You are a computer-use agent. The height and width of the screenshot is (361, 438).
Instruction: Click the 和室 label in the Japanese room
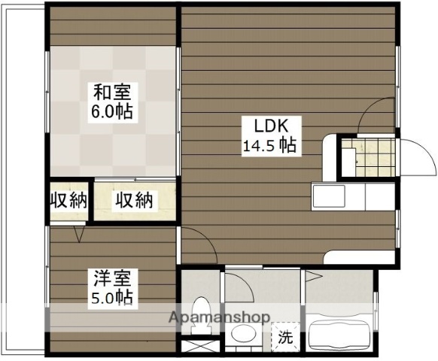112,93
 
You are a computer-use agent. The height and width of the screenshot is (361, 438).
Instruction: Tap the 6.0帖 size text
113,112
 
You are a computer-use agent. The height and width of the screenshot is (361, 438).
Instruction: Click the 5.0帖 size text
114,298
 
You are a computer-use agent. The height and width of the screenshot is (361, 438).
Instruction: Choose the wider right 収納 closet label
134,200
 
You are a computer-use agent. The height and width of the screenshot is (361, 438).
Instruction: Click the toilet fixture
201,314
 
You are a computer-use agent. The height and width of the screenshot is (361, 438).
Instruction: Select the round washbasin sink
242,334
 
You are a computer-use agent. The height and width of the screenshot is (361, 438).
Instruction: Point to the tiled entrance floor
369,157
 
